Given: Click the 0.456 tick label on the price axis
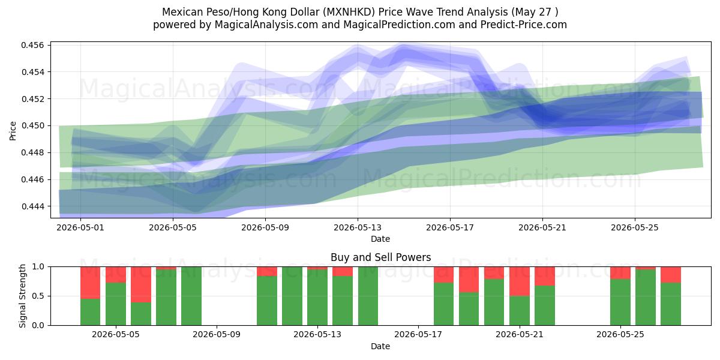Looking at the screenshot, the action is point(33,45).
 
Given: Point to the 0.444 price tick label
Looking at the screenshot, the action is point(33,206).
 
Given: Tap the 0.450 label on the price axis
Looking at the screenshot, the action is point(33,125).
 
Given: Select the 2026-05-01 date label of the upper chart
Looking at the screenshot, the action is point(80,227).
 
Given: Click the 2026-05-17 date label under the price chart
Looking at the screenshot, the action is point(450,227).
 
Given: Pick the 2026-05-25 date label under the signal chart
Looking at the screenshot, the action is point(620,334).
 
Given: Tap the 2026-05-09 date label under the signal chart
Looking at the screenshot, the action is point(217,334).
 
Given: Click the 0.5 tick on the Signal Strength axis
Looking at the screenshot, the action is point(38,296).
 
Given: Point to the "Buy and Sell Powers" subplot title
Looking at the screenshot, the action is point(380,257).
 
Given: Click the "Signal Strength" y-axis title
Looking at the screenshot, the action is point(22,296).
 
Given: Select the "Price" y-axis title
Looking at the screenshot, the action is point(13,131).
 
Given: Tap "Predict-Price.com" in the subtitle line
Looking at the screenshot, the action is point(524,25).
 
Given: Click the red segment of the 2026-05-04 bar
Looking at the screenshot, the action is point(91,283).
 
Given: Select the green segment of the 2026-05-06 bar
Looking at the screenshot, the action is point(141,314).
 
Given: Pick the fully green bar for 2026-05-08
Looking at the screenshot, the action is point(191,296).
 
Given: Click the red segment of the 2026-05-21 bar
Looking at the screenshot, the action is point(520,281).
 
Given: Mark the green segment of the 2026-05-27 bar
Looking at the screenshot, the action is point(671,304).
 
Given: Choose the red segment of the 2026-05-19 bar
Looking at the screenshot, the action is point(469,280).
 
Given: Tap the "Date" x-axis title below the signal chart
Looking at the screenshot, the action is point(380,346).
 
